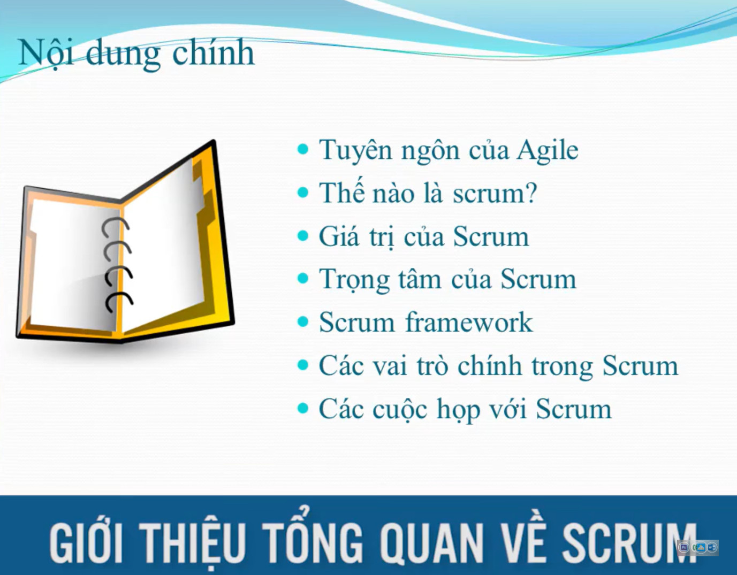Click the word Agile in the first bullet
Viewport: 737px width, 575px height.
(548, 150)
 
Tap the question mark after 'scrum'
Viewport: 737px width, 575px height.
(530, 193)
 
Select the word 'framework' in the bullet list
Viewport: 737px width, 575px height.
(469, 322)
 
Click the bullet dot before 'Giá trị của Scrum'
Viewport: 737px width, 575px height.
(302, 236)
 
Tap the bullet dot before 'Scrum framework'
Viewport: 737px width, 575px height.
(302, 322)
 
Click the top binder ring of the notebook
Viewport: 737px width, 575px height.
(115, 228)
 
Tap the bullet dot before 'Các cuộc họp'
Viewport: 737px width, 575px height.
(302, 408)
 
